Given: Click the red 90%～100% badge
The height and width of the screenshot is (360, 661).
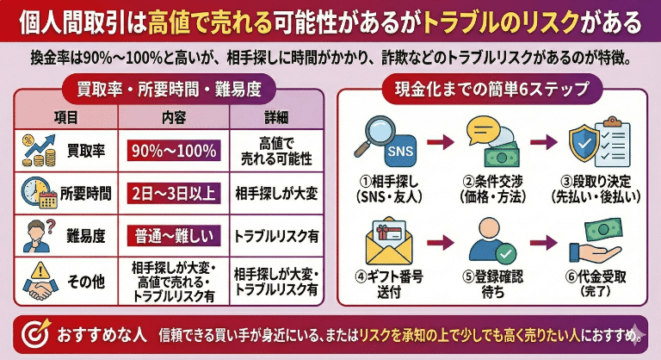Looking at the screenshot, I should point(175,151).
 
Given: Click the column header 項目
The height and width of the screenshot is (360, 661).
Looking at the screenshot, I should point(66,117).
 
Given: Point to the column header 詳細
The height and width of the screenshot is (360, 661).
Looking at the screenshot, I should point(277,117).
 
